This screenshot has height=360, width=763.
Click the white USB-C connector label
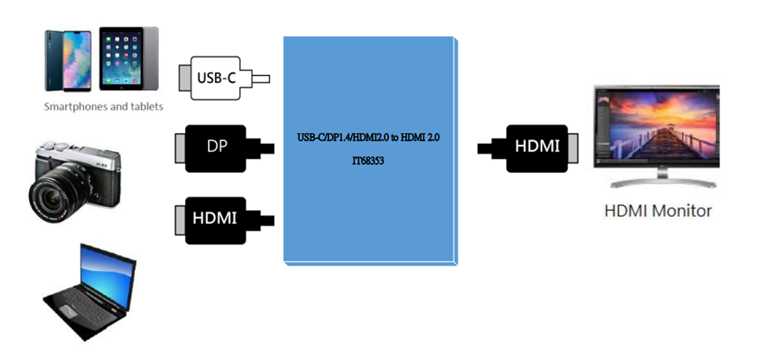coord(216,78)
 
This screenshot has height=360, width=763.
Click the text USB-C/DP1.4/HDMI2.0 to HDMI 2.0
coord(370,139)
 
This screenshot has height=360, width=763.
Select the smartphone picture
coord(67,59)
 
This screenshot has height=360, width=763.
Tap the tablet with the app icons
coord(129,59)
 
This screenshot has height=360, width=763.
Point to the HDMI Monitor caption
coord(657,211)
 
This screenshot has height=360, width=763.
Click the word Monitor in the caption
coord(682,211)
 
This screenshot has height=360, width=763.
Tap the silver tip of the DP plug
coord(180,145)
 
